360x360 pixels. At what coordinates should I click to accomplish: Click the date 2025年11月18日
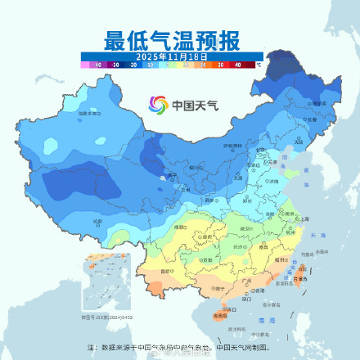click(x=171, y=55)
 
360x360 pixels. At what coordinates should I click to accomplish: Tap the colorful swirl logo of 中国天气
click(x=157, y=104)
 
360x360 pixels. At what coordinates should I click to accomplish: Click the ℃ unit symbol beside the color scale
click(x=259, y=63)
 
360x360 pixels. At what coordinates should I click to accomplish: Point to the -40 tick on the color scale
click(x=97, y=63)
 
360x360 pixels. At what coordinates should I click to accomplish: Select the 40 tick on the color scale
click(x=238, y=63)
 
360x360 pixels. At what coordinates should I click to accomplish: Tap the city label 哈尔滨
click(x=311, y=105)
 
